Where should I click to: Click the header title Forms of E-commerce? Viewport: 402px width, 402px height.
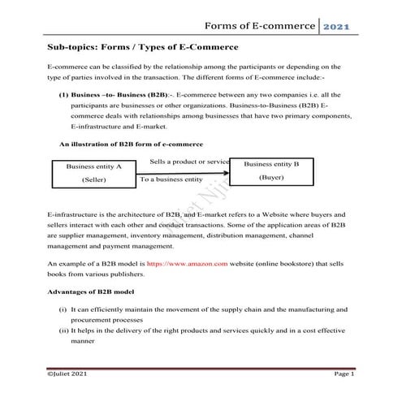coord(259,28)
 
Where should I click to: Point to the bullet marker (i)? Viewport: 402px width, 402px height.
coord(63,310)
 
